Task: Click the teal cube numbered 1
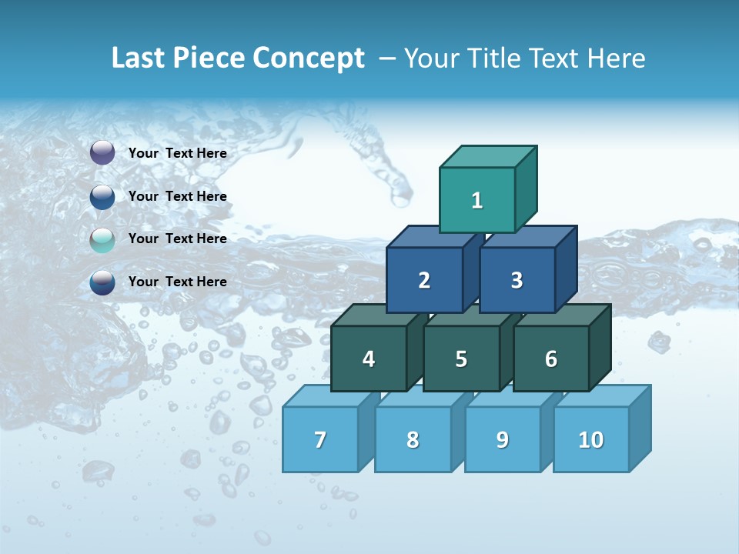(477, 200)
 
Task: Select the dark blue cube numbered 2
(424, 280)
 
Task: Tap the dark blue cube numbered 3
(517, 280)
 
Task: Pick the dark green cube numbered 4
(369, 359)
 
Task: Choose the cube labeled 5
(461, 359)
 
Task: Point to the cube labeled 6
(551, 359)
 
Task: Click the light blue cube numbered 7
(320, 439)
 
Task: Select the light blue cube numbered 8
(413, 439)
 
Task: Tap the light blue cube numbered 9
(502, 439)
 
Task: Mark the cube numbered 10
(590, 439)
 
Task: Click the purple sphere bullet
(102, 153)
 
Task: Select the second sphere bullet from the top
(102, 197)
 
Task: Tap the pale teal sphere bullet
(102, 240)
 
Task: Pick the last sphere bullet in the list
(102, 282)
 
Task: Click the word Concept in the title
(309, 58)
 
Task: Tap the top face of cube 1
(488, 156)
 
